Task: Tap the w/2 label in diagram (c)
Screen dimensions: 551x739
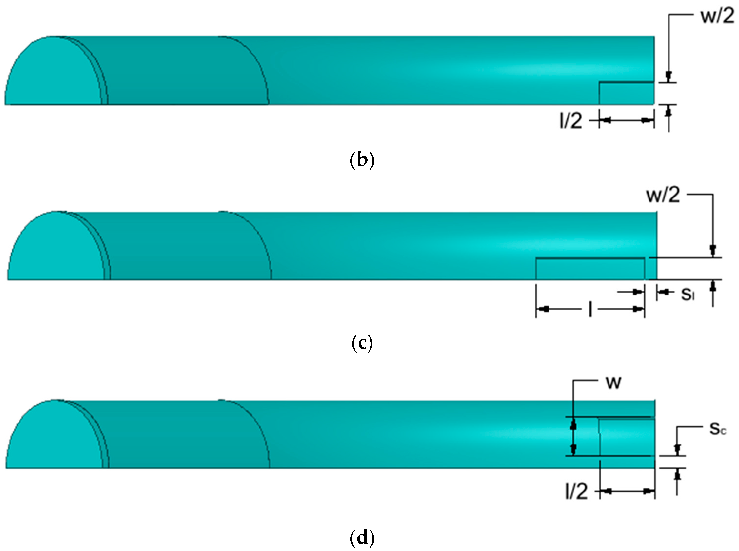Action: click(663, 196)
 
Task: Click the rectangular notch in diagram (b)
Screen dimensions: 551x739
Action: click(627, 93)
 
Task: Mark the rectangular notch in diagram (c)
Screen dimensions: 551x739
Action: click(590, 269)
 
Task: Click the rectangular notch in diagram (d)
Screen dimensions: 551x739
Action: click(627, 437)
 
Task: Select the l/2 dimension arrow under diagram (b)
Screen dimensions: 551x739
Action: click(627, 120)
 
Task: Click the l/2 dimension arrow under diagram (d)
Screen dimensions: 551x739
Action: click(627, 491)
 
